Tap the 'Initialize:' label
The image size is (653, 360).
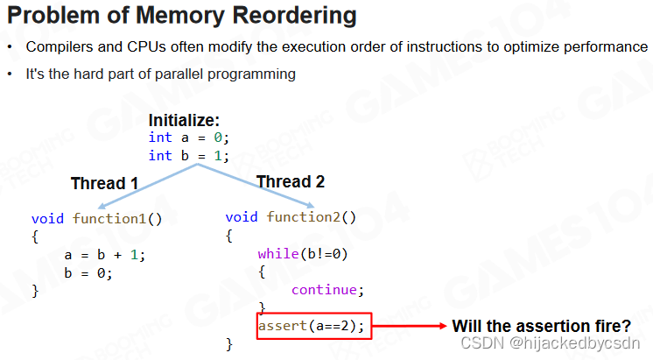pos(184,120)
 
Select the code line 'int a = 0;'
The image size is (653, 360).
pos(188,137)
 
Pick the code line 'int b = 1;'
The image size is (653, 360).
pos(188,155)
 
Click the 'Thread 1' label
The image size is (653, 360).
pos(104,183)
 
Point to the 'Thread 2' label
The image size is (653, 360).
pos(290,182)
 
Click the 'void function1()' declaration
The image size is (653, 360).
pos(97,218)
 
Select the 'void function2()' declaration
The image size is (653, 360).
pos(291,217)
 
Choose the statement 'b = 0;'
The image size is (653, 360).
pos(88,272)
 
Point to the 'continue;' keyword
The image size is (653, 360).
pos(326,290)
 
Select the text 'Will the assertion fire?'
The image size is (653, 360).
pos(541,326)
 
